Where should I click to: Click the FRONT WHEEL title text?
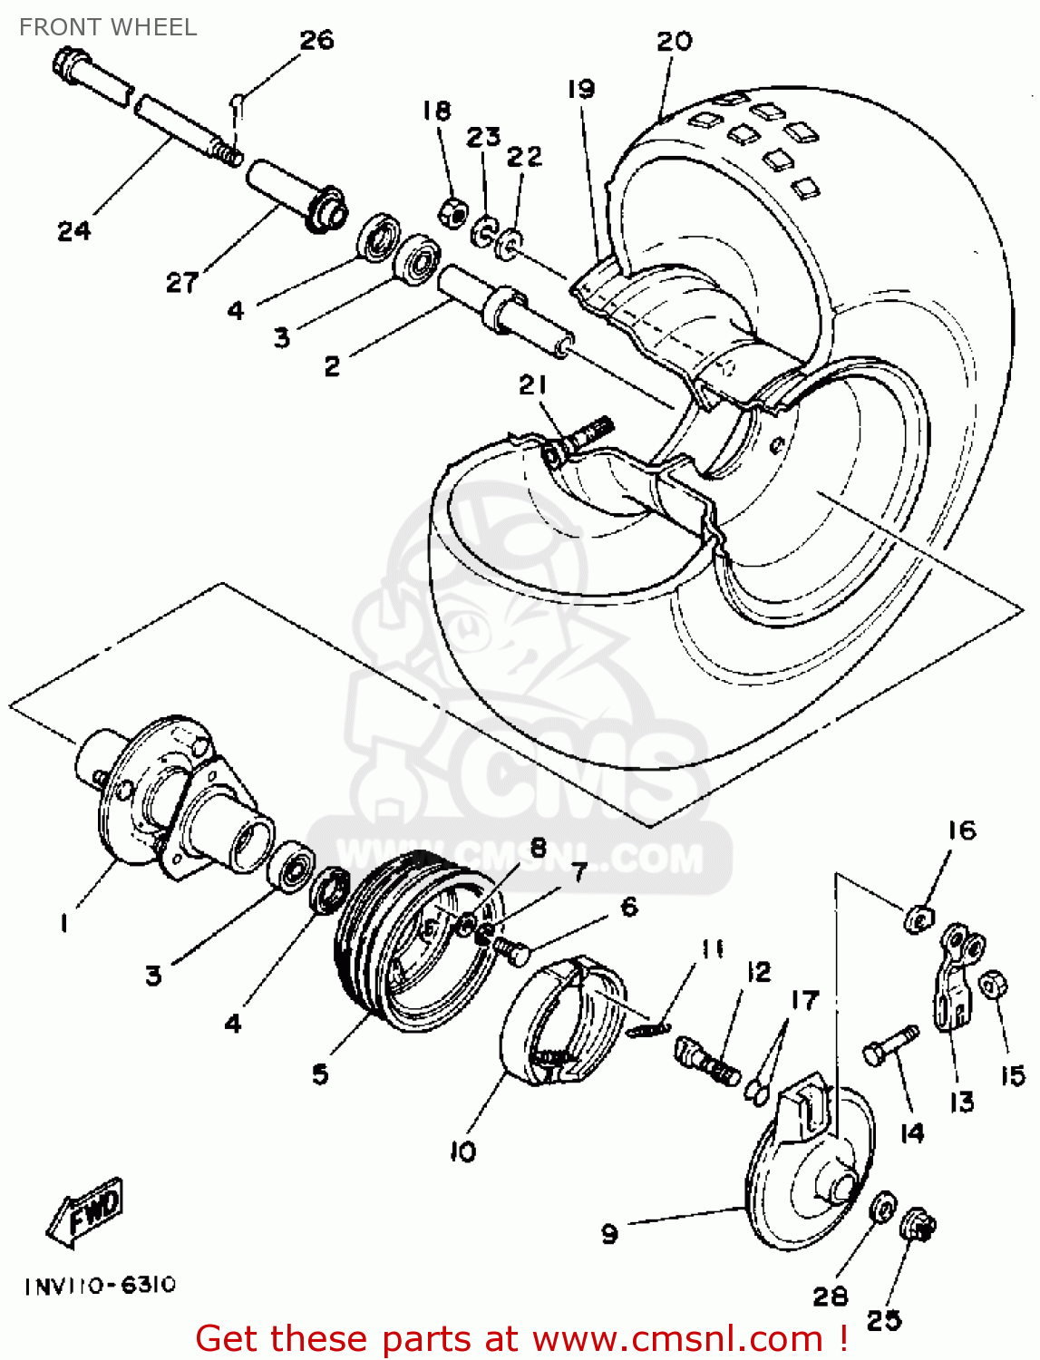tap(108, 27)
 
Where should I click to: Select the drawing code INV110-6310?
tap(100, 1286)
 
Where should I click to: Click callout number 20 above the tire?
tap(674, 41)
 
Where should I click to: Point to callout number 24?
tap(73, 231)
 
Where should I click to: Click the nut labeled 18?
tap(451, 213)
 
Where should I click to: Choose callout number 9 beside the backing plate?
tap(609, 1234)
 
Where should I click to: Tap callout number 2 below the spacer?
tap(332, 366)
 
